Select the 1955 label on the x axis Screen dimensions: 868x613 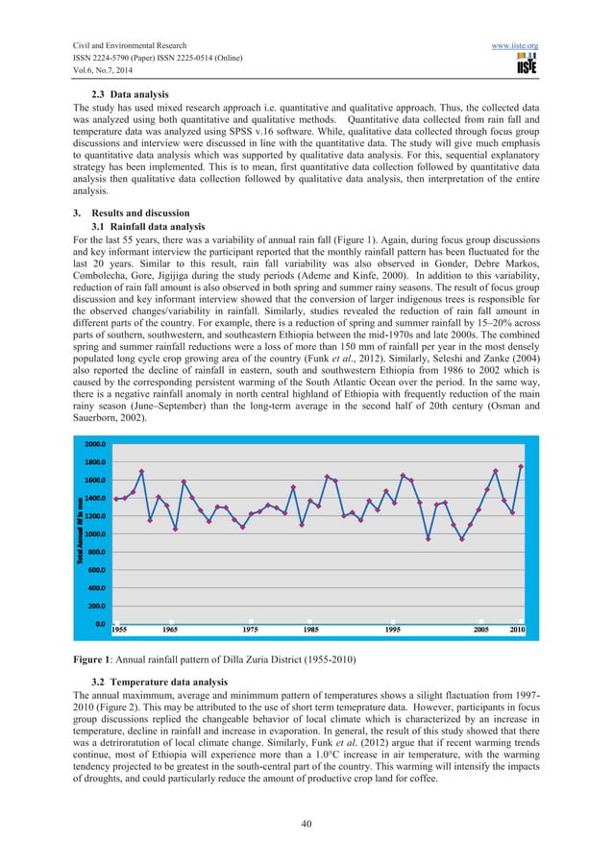pos(121,629)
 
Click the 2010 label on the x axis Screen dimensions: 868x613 pos(517,629)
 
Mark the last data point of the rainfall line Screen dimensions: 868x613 pos(521,466)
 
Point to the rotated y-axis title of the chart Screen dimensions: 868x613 pos(82,533)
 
